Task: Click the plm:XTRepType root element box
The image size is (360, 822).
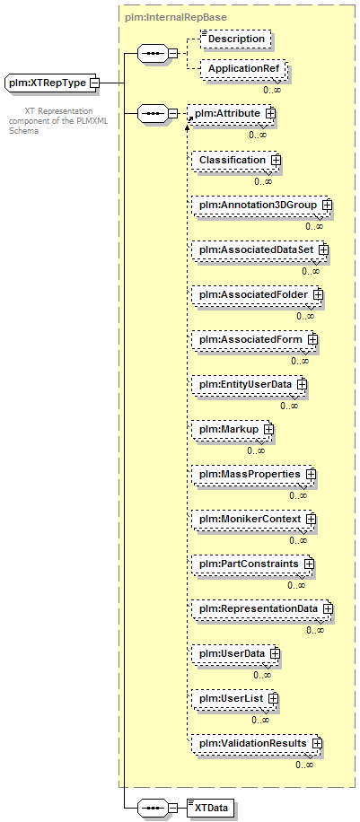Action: point(50,83)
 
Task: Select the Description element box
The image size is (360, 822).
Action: point(236,39)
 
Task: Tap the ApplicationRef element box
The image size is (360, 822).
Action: point(243,69)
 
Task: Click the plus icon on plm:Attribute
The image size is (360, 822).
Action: point(271,113)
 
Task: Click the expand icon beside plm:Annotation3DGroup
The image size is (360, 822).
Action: point(327,205)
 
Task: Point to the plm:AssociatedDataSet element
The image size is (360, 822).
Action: point(258,250)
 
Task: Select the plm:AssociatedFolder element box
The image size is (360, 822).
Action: point(255,295)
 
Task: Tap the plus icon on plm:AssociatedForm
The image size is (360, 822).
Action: point(312,340)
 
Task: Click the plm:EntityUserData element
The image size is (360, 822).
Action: point(247,385)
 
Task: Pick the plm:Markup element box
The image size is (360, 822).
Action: point(231,429)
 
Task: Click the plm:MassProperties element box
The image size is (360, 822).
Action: point(251,474)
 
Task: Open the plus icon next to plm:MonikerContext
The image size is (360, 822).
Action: point(312,519)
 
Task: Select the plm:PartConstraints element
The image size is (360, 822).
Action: point(250,564)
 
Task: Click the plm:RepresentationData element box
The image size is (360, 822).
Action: point(260,609)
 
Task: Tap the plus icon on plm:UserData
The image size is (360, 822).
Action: point(275,653)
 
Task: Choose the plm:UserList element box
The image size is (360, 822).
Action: point(233,699)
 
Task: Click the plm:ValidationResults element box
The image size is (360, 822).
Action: point(255,744)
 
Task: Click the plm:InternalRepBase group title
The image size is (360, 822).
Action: point(176,17)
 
